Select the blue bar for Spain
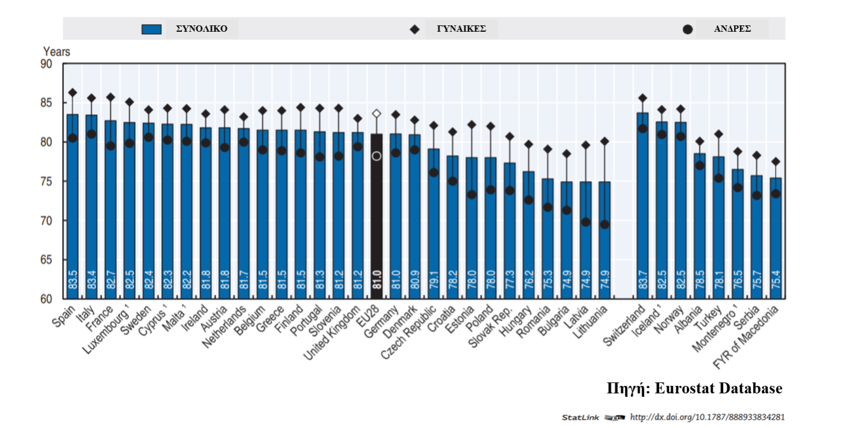pyautogui.click(x=73, y=219)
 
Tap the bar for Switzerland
pyautogui.click(x=642, y=219)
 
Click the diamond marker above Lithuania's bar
pyautogui.click(x=604, y=141)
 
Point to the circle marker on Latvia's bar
pyautogui.click(x=586, y=222)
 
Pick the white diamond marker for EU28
pyautogui.click(x=377, y=114)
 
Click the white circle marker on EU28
pyautogui.click(x=377, y=156)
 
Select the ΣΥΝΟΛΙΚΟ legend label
pyautogui.click(x=202, y=29)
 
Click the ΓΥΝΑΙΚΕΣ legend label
pyautogui.click(x=461, y=29)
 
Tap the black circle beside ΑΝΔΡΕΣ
pyautogui.click(x=687, y=29)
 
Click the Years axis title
pyautogui.click(x=57, y=51)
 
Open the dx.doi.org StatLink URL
pyautogui.click(x=707, y=417)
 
